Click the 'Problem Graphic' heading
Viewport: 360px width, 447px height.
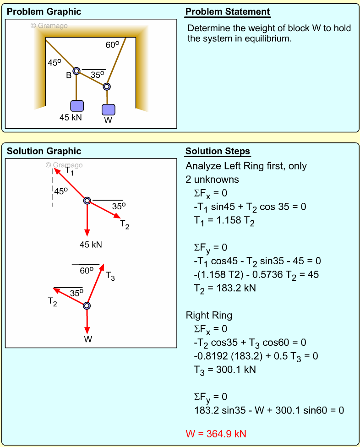click(x=44, y=12)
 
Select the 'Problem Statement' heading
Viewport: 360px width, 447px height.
click(x=228, y=12)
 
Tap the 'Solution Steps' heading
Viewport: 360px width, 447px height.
click(x=218, y=152)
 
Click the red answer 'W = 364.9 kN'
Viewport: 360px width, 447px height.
click(x=217, y=433)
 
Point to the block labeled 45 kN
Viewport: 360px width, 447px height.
click(x=77, y=106)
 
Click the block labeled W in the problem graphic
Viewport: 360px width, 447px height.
click(x=108, y=110)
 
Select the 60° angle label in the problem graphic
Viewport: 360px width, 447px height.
click(x=112, y=45)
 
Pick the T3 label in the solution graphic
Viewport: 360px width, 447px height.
click(x=110, y=276)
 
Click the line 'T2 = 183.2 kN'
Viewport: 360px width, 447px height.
click(x=225, y=288)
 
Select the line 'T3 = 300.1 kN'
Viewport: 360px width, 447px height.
click(x=225, y=369)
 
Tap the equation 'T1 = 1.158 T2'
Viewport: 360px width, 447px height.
click(x=224, y=221)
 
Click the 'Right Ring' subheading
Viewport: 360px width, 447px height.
click(x=209, y=315)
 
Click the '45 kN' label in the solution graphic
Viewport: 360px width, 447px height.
click(x=91, y=245)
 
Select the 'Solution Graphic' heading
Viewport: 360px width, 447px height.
click(x=44, y=151)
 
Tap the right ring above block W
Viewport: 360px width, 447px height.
click(x=107, y=86)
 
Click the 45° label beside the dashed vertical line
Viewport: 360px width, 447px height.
click(x=61, y=191)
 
